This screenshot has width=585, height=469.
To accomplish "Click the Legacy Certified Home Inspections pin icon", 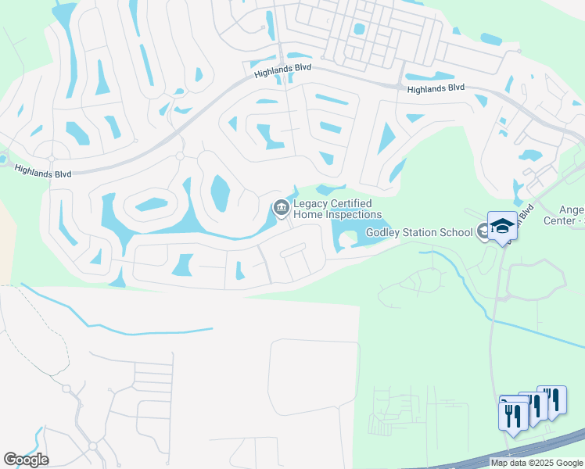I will [280, 208].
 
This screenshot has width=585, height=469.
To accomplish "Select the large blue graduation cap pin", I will [502, 226].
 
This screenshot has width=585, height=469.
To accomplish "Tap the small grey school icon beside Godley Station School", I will [483, 230].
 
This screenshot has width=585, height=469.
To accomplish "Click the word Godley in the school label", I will [384, 232].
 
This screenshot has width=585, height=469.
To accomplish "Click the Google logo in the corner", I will [26, 459].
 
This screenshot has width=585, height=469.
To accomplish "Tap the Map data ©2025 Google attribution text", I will [536, 463].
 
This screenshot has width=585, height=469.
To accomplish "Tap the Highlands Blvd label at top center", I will [282, 70].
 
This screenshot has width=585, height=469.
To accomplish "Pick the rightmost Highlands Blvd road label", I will [436, 90].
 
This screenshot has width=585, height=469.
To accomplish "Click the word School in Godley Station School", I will [458, 232].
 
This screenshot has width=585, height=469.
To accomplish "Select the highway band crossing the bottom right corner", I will [540, 449].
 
